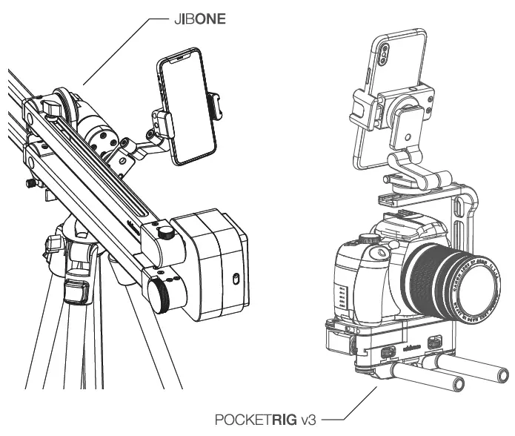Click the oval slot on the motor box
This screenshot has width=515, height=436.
pyautogui.click(x=234, y=278)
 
